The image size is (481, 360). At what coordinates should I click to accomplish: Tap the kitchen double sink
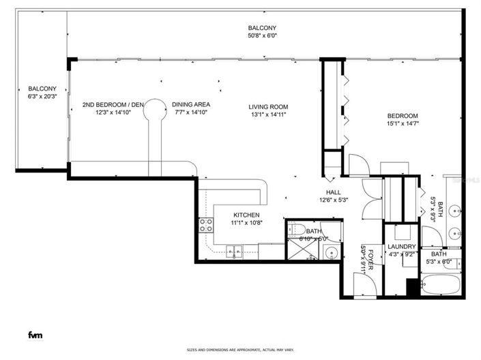[233, 254]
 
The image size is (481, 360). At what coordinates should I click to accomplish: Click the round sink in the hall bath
[331, 254]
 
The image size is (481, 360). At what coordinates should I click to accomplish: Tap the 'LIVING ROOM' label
[268, 107]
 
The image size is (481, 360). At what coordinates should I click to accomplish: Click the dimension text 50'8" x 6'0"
[262, 37]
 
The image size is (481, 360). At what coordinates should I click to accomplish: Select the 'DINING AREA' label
[191, 104]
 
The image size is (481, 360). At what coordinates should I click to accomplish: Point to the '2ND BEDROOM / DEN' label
[113, 104]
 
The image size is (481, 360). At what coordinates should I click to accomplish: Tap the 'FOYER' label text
[371, 258]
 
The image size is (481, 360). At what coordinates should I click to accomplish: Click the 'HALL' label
[334, 192]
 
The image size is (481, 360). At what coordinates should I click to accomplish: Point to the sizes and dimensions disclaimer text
[240, 350]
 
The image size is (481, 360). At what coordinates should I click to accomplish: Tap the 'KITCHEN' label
[247, 214]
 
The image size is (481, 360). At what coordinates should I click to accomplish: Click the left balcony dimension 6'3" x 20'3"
[42, 97]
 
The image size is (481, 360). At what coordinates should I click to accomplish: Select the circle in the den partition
[155, 108]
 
